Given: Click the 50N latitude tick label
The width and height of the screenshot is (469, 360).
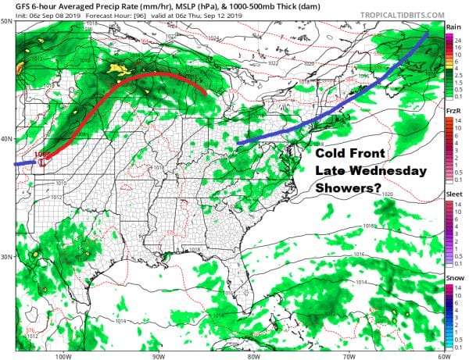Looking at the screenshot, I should click(x=7, y=20).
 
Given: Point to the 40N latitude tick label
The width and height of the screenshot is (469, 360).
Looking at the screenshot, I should click(x=7, y=139).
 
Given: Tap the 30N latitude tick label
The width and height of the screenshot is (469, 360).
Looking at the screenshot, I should click(x=7, y=257).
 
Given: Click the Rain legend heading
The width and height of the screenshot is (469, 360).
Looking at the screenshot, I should click(x=453, y=27).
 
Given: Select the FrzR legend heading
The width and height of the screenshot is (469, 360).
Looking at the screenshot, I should click(x=453, y=111).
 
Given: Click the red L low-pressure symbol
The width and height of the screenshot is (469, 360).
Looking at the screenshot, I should click(x=41, y=162).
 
